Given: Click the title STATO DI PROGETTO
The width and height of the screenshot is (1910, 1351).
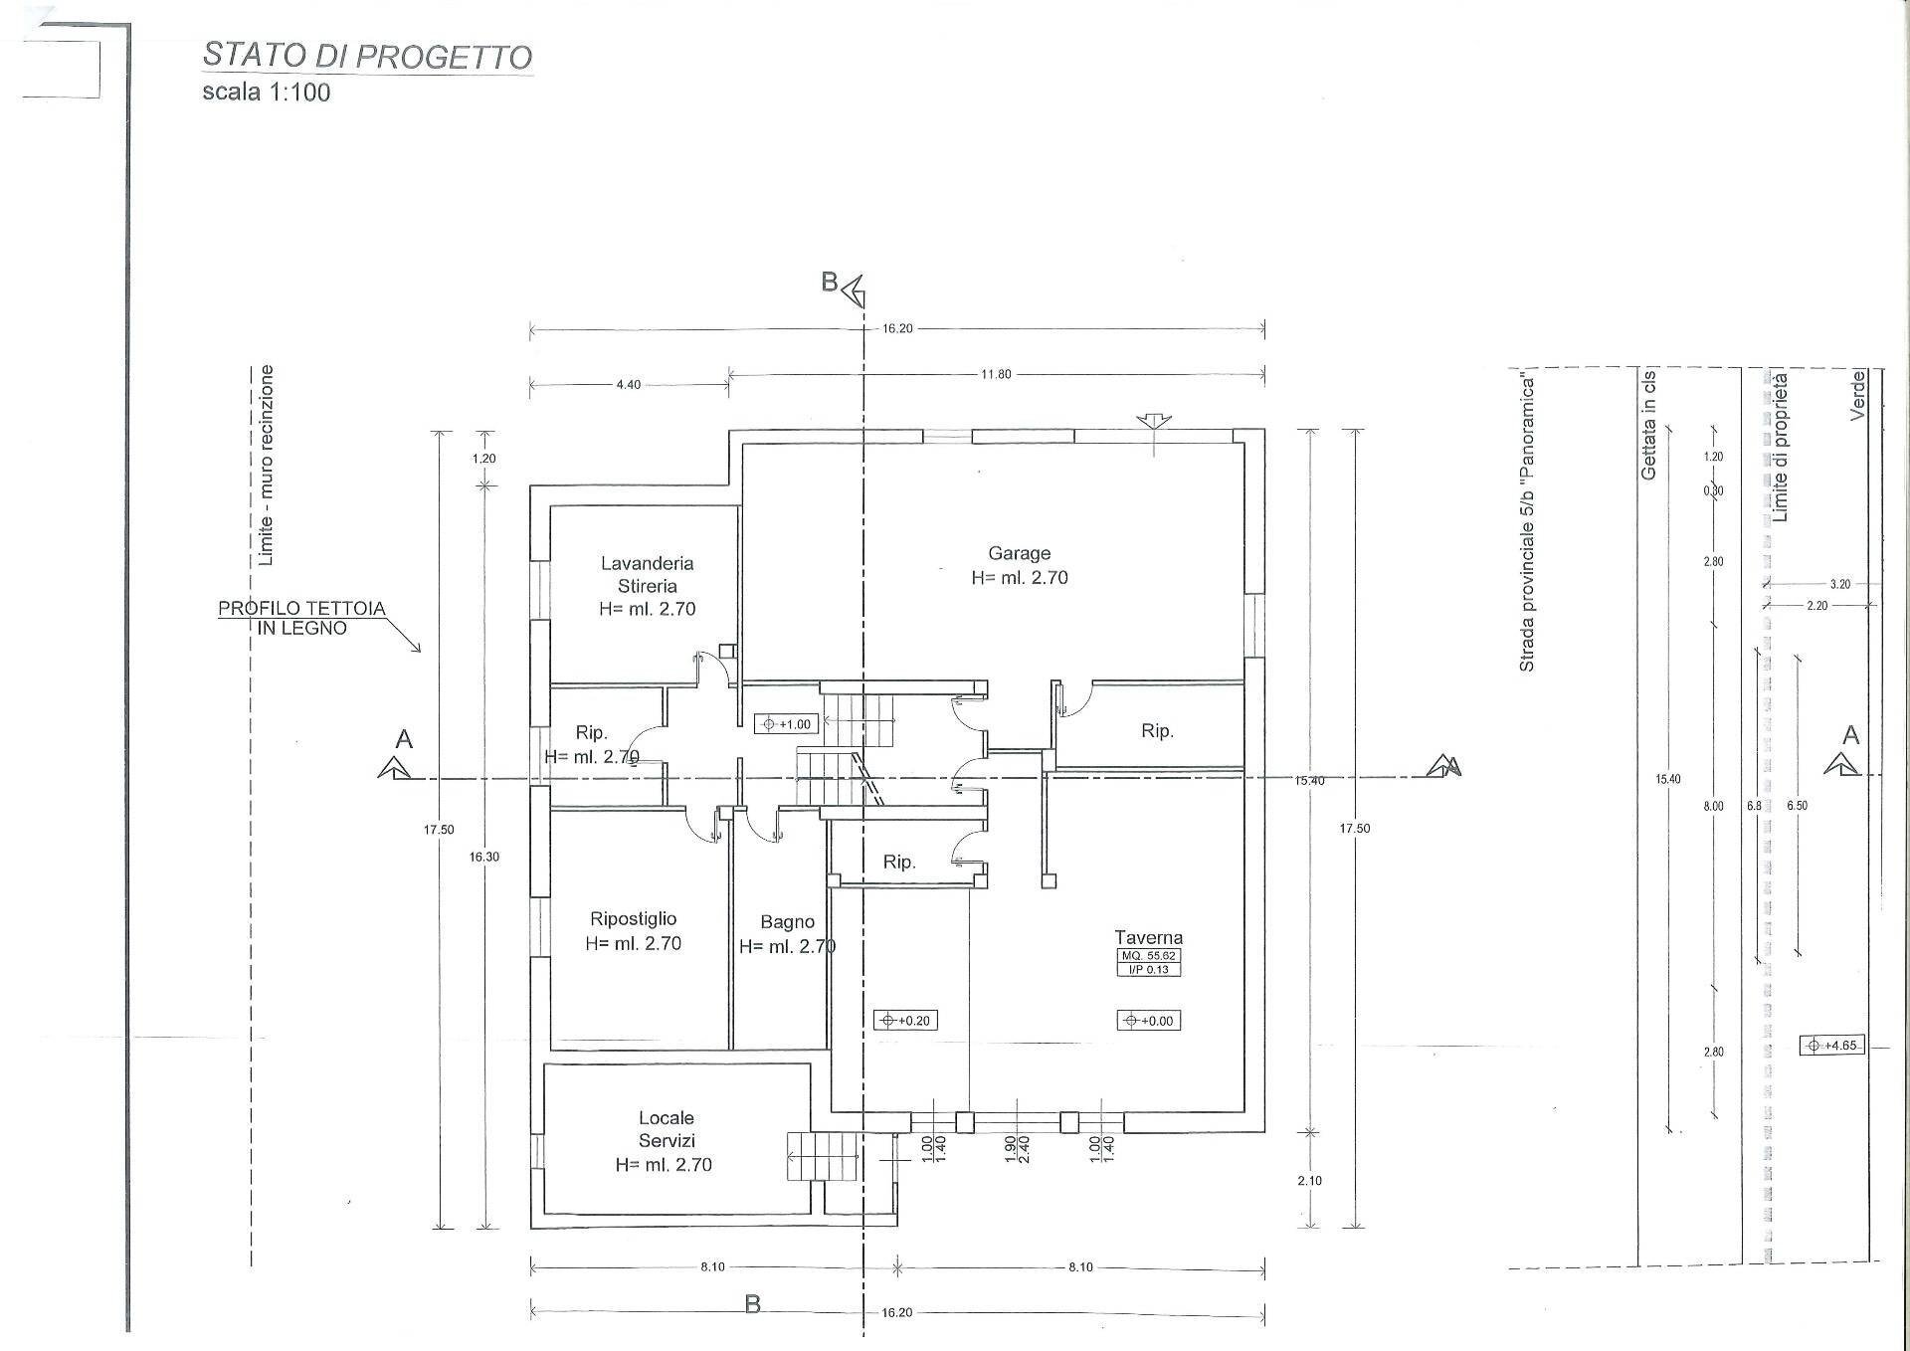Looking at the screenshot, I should pyautogui.click(x=367, y=56).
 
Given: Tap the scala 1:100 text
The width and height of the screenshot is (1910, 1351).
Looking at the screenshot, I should pyautogui.click(x=266, y=93).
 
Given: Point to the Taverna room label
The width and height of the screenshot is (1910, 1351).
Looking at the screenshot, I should pyautogui.click(x=1148, y=937).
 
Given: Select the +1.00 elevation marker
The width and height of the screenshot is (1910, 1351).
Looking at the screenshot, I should pyautogui.click(x=787, y=724).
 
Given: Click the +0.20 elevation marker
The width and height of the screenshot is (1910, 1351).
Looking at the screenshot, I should pyautogui.click(x=905, y=1020).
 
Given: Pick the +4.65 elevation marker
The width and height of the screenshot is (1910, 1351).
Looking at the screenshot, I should pyautogui.click(x=1831, y=1046).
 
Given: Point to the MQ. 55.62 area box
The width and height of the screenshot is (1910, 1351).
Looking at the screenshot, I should pyautogui.click(x=1148, y=956).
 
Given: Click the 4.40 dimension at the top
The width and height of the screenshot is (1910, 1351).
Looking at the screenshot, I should pyautogui.click(x=629, y=385).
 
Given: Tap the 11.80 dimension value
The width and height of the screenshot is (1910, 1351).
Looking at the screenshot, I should pyautogui.click(x=995, y=375).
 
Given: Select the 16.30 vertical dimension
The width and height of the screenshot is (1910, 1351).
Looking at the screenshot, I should pyautogui.click(x=484, y=857).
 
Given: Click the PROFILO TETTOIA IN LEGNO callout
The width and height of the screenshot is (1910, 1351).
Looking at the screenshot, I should pyautogui.click(x=301, y=618).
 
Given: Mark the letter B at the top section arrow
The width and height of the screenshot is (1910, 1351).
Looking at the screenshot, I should pyautogui.click(x=830, y=283).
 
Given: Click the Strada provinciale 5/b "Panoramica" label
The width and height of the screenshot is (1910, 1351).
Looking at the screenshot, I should pyautogui.click(x=1527, y=523).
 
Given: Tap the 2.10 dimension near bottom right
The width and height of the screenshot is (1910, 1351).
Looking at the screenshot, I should pyautogui.click(x=1309, y=1181).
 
